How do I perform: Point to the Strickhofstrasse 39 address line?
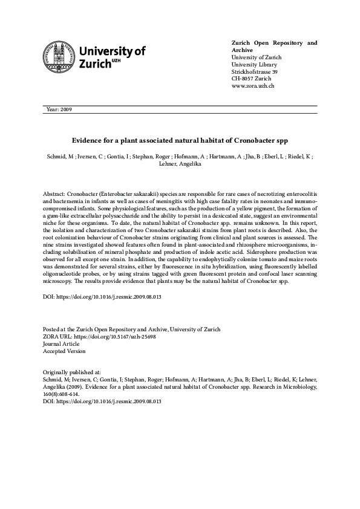254,72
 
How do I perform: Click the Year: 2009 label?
59,109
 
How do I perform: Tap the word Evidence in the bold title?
90,140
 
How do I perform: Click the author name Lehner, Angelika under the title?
180,164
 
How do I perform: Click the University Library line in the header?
254,65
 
